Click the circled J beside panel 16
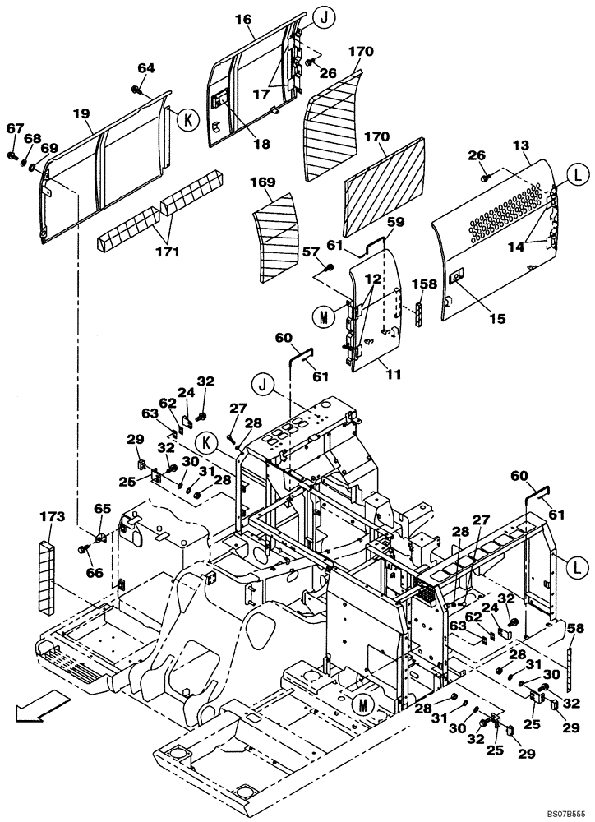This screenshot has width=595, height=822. point(323,16)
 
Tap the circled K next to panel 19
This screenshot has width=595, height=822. point(187,120)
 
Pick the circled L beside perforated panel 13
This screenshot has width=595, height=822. point(574,175)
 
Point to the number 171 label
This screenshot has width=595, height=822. point(167,252)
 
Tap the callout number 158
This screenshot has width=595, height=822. point(426,285)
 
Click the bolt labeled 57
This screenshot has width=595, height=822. point(329,268)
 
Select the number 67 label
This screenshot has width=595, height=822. point(15,128)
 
